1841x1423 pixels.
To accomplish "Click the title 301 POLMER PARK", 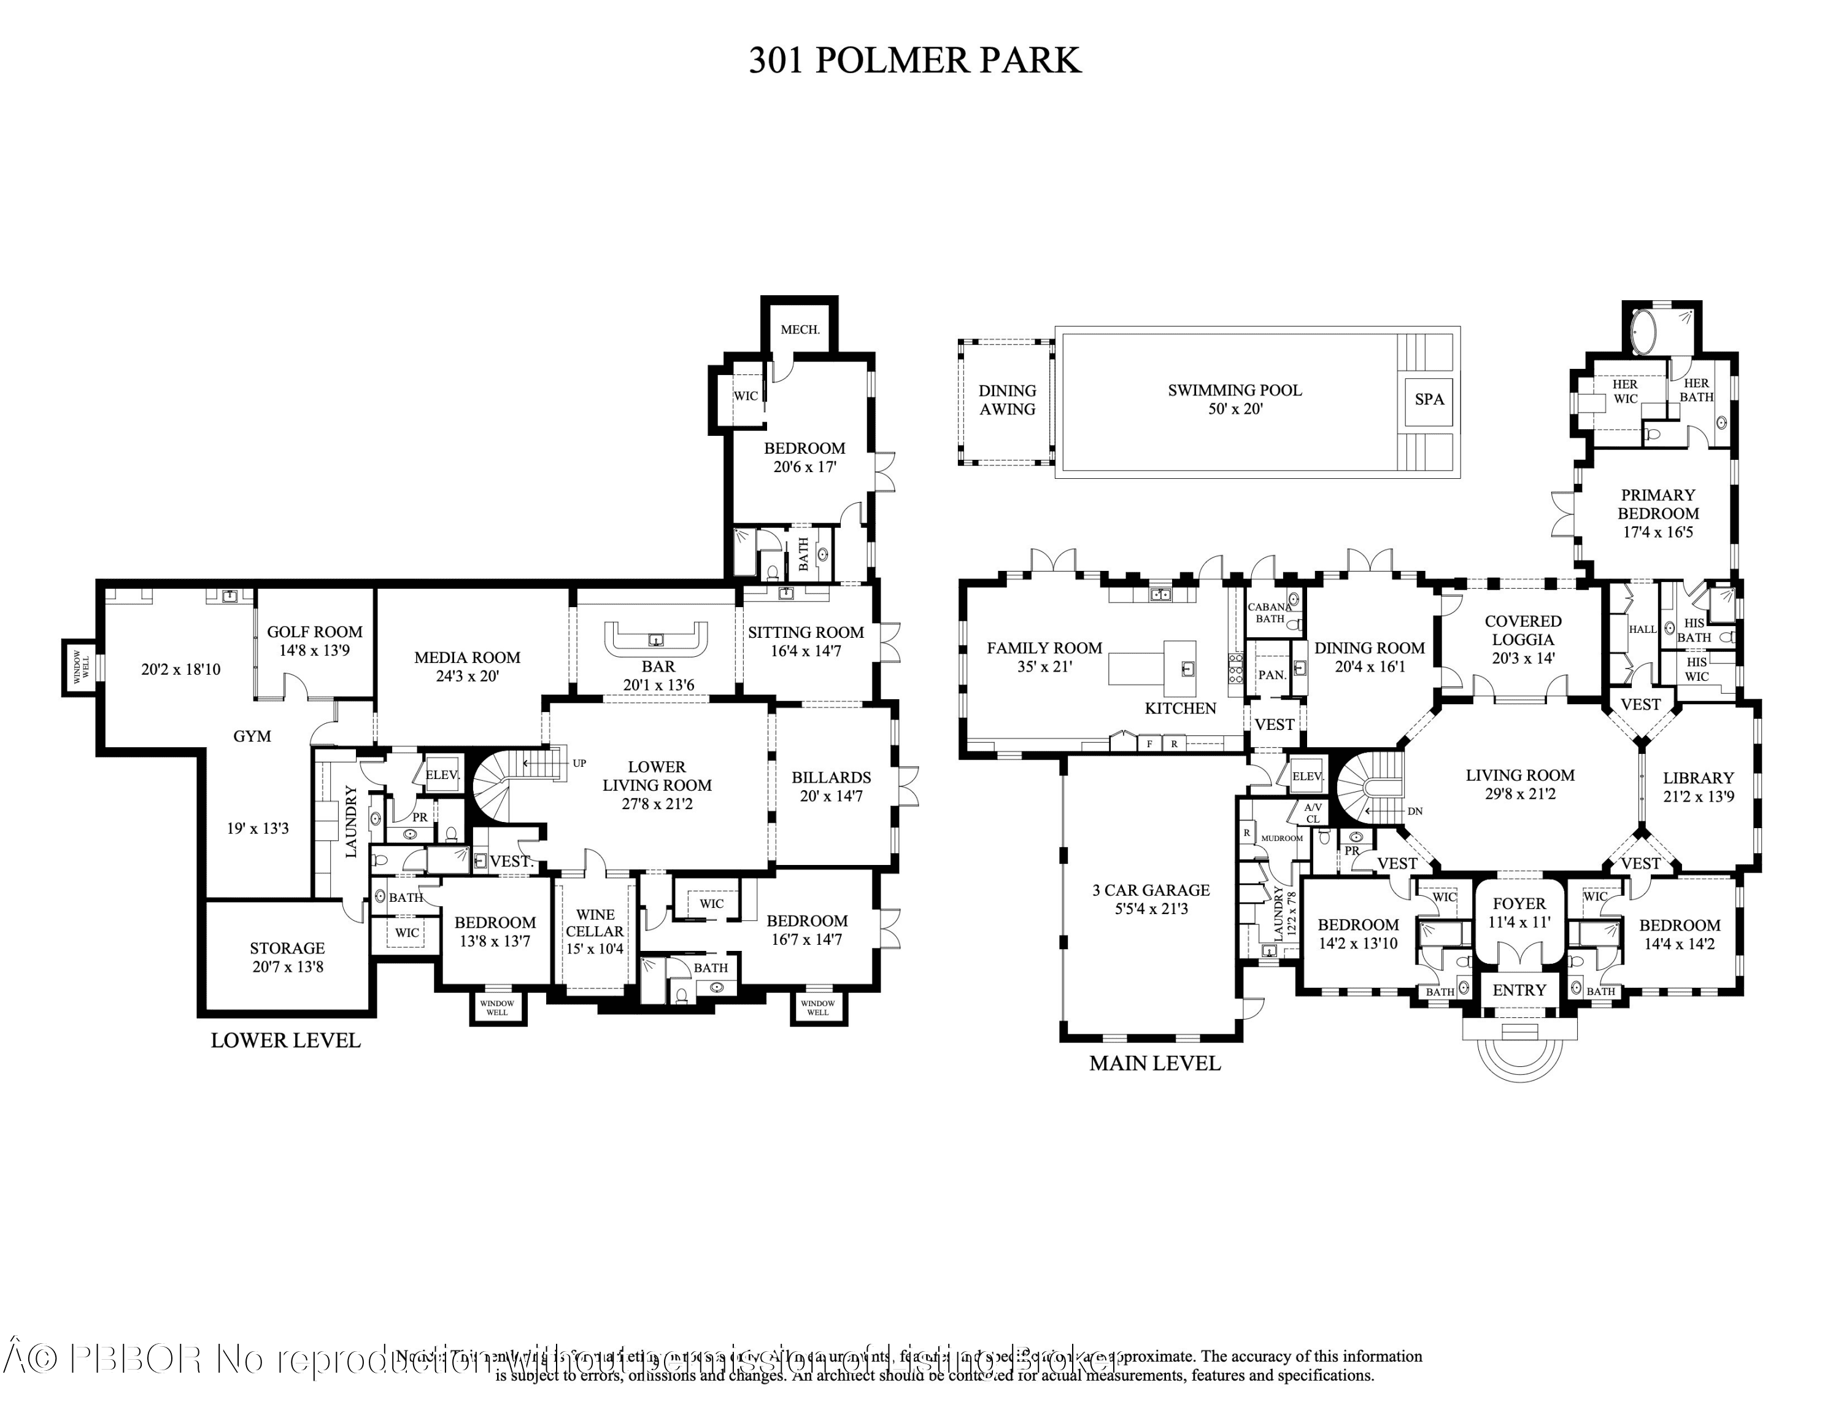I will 914,61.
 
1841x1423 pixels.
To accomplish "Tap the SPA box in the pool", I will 1429,400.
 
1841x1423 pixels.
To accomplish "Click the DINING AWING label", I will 1006,400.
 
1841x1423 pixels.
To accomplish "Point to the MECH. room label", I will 799,330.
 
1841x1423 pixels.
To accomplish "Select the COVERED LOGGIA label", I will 1523,630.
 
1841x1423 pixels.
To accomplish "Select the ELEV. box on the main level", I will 1307,775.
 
